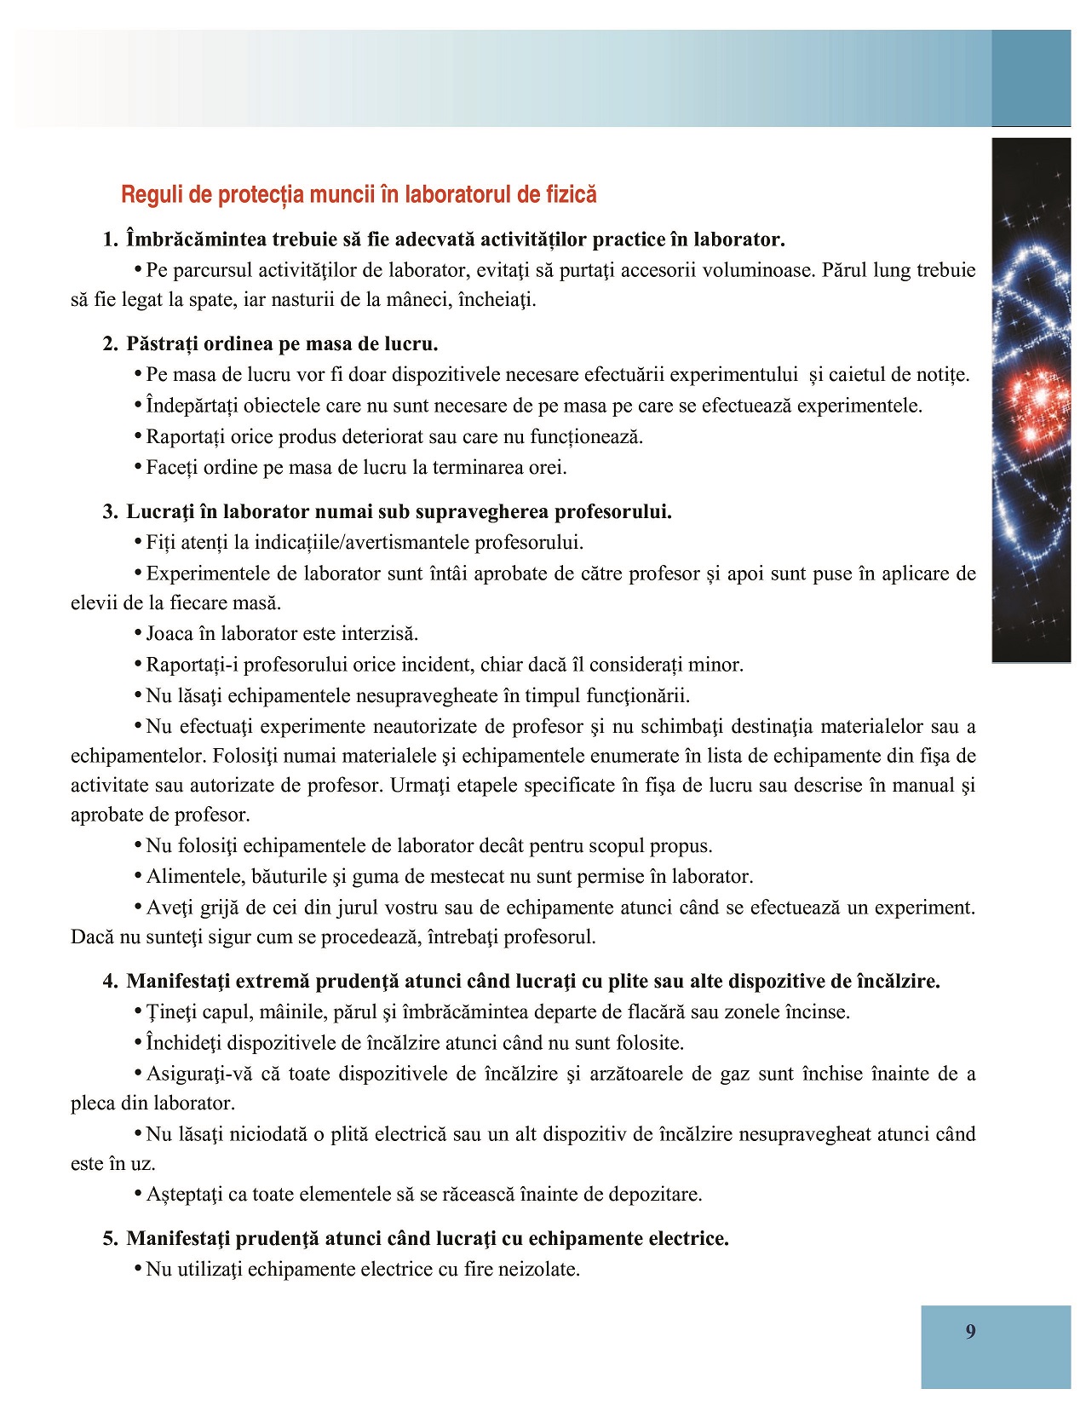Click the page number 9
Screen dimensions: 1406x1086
[970, 1332]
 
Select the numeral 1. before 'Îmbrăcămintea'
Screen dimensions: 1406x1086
[110, 239]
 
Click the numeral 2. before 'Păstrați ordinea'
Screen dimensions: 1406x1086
[110, 344]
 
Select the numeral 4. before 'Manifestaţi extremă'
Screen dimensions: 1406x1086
[110, 982]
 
